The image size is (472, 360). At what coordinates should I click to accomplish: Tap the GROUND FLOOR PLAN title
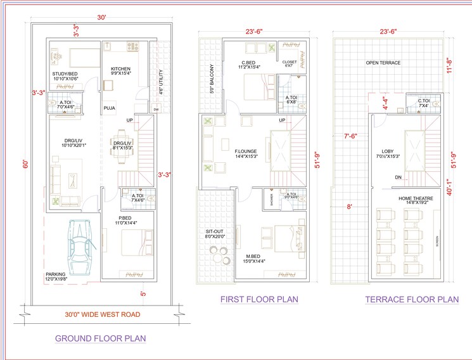pyautogui.click(x=100, y=338)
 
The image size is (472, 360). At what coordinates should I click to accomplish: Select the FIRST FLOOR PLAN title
pyautogui.click(x=258, y=299)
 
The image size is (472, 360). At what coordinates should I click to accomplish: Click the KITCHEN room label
pyautogui.click(x=120, y=69)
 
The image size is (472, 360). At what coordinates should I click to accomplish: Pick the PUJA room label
pyautogui.click(x=110, y=108)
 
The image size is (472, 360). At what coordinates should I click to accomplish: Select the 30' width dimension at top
pyautogui.click(x=101, y=18)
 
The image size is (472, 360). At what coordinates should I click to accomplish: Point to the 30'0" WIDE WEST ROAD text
pyautogui.click(x=103, y=314)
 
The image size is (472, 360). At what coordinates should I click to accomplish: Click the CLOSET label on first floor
pyautogui.click(x=290, y=63)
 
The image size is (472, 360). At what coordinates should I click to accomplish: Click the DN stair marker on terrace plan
pyautogui.click(x=399, y=177)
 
